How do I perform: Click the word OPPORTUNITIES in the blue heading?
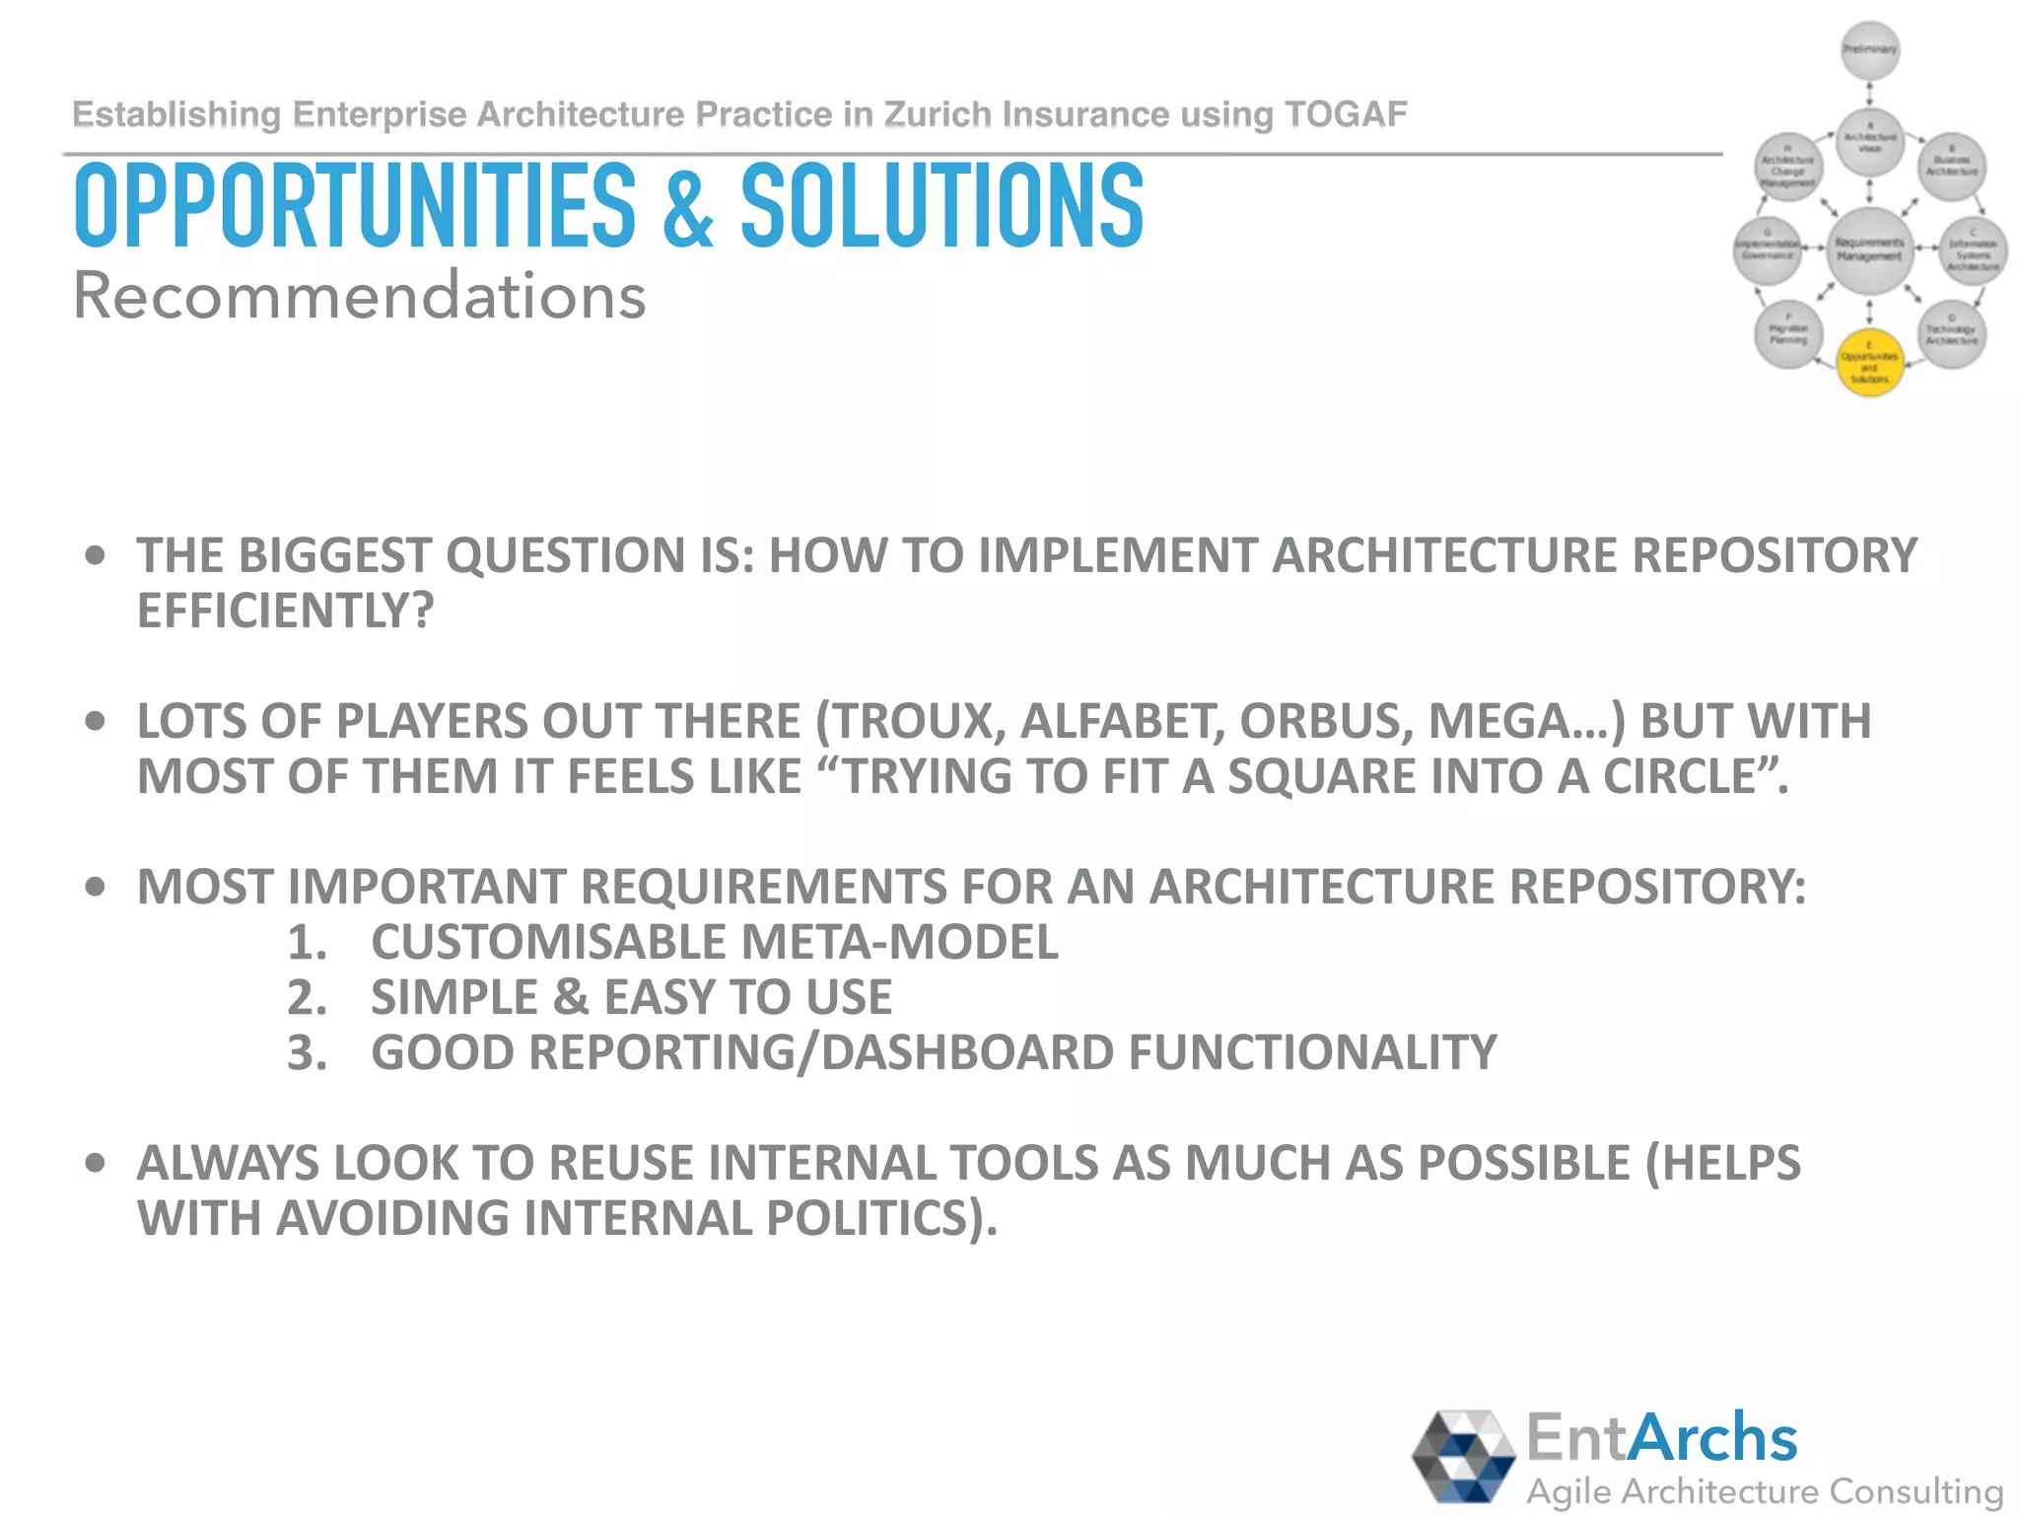tap(355, 207)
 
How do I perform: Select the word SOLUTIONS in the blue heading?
tap(941, 207)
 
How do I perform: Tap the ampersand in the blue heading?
tap(688, 209)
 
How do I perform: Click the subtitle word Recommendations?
tap(360, 296)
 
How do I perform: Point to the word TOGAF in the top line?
tap(1346, 114)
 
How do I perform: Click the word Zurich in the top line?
tap(937, 114)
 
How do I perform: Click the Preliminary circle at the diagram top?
tap(1870, 49)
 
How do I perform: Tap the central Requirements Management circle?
tap(1869, 250)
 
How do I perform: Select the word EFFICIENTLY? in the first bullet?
tap(286, 611)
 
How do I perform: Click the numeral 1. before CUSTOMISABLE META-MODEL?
tap(307, 943)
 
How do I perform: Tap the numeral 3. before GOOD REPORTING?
tap(307, 1053)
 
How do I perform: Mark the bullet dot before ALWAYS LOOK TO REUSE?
tap(95, 1163)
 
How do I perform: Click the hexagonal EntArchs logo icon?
tap(1463, 1456)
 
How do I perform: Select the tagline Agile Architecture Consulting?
tap(1765, 1490)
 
